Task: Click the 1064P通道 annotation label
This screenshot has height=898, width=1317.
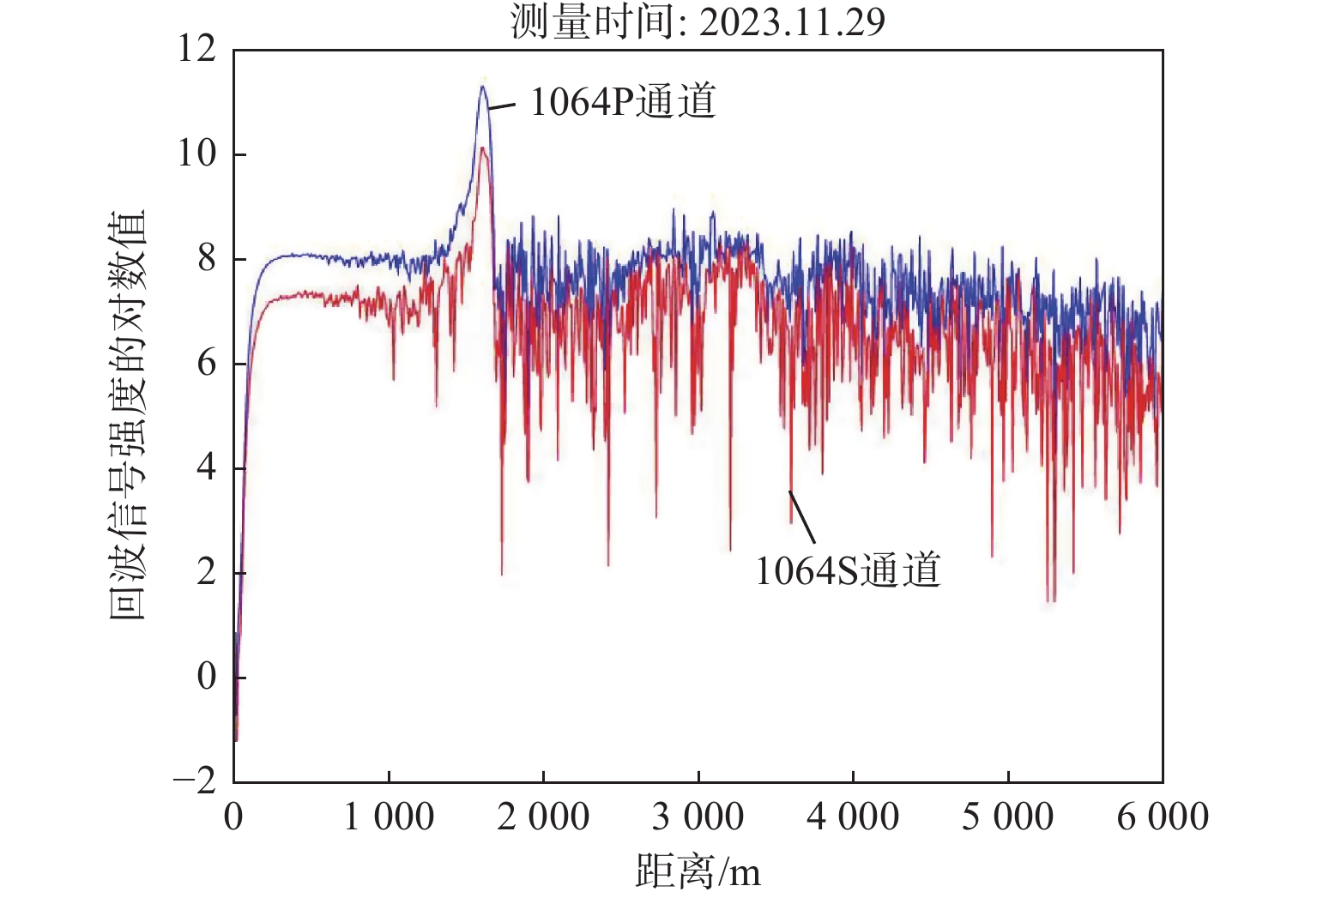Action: (623, 101)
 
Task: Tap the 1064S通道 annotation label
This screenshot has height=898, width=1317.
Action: (848, 570)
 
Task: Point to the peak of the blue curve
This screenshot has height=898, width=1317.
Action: (483, 87)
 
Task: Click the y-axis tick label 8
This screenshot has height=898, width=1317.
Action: (207, 258)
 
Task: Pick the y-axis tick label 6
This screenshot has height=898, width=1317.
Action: (207, 363)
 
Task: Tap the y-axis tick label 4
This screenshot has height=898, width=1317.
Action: (207, 467)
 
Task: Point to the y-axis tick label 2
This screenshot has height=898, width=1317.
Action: (207, 572)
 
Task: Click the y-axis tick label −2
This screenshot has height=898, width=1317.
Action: (195, 781)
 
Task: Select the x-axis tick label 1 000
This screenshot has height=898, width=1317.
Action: (389, 817)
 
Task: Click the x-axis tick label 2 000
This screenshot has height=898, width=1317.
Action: (543, 817)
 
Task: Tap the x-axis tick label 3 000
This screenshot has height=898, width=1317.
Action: (698, 817)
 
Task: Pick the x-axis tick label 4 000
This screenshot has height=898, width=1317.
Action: (853, 817)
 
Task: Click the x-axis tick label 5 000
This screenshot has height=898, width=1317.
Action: (1007, 817)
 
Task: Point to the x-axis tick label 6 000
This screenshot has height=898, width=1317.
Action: (1163, 817)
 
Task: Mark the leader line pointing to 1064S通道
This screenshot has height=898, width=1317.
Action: (802, 516)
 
